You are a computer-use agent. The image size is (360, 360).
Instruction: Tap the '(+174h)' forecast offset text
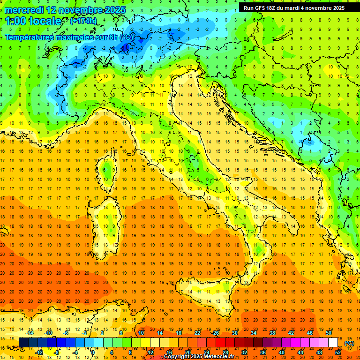(x=83, y=21)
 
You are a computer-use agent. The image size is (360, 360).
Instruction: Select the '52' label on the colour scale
(x=338, y=352)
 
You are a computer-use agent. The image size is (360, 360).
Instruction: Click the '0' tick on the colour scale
(x=93, y=352)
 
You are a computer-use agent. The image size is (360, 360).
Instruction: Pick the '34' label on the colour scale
(x=253, y=333)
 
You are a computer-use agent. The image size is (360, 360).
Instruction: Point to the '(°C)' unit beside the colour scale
(x=349, y=343)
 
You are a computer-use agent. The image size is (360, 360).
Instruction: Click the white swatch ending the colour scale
(x=333, y=343)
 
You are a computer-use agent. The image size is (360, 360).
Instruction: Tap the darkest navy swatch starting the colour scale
(x=23, y=343)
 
